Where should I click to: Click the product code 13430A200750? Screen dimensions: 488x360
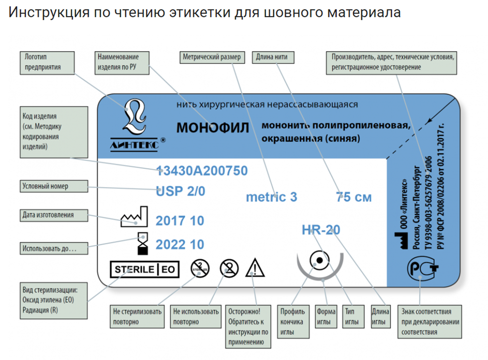click(202, 171)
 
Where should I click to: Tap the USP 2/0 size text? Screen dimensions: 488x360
click(180, 191)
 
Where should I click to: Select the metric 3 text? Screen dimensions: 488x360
click(272, 197)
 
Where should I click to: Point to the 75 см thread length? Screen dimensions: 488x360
click(354, 197)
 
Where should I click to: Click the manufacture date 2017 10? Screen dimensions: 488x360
click(180, 221)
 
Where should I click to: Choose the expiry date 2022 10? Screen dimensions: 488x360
click(180, 244)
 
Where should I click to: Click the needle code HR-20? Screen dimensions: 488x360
click(321, 230)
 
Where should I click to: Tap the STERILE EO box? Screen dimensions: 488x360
click(145, 269)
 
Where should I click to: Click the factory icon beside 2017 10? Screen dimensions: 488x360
click(134, 217)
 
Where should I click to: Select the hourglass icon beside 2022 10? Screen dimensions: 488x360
click(143, 244)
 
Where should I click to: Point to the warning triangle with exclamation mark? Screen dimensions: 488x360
click(255, 267)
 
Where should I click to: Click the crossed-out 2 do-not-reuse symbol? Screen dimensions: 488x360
click(229, 268)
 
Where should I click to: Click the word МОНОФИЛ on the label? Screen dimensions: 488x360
click(212, 128)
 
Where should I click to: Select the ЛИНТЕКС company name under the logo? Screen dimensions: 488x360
click(134, 145)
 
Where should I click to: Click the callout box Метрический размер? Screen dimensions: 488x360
click(212, 57)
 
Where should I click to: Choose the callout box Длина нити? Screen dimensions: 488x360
click(273, 57)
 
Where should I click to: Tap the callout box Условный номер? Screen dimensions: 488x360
click(54, 186)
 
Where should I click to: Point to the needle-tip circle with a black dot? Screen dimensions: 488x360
click(319, 260)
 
